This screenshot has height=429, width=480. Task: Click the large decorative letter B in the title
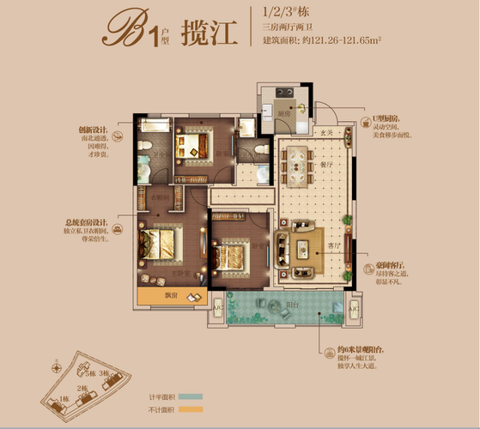click(121, 32)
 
